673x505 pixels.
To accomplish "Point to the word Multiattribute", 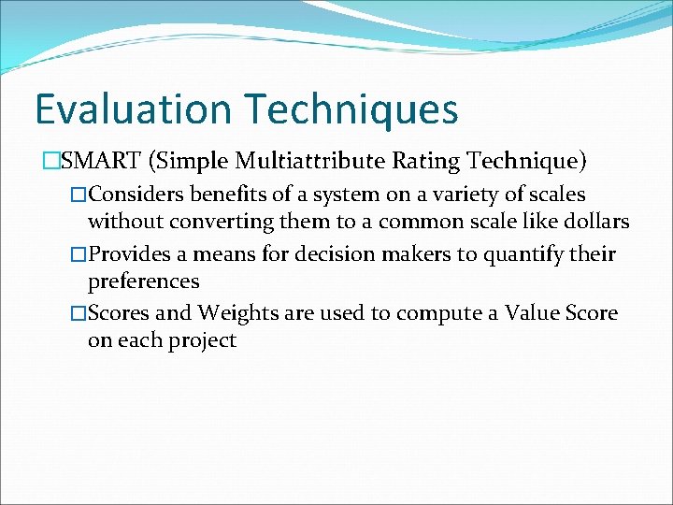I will point(309,162).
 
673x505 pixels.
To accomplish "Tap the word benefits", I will point(229,195).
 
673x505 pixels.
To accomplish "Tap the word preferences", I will point(143,281).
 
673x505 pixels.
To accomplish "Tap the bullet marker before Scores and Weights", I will point(79,313).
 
